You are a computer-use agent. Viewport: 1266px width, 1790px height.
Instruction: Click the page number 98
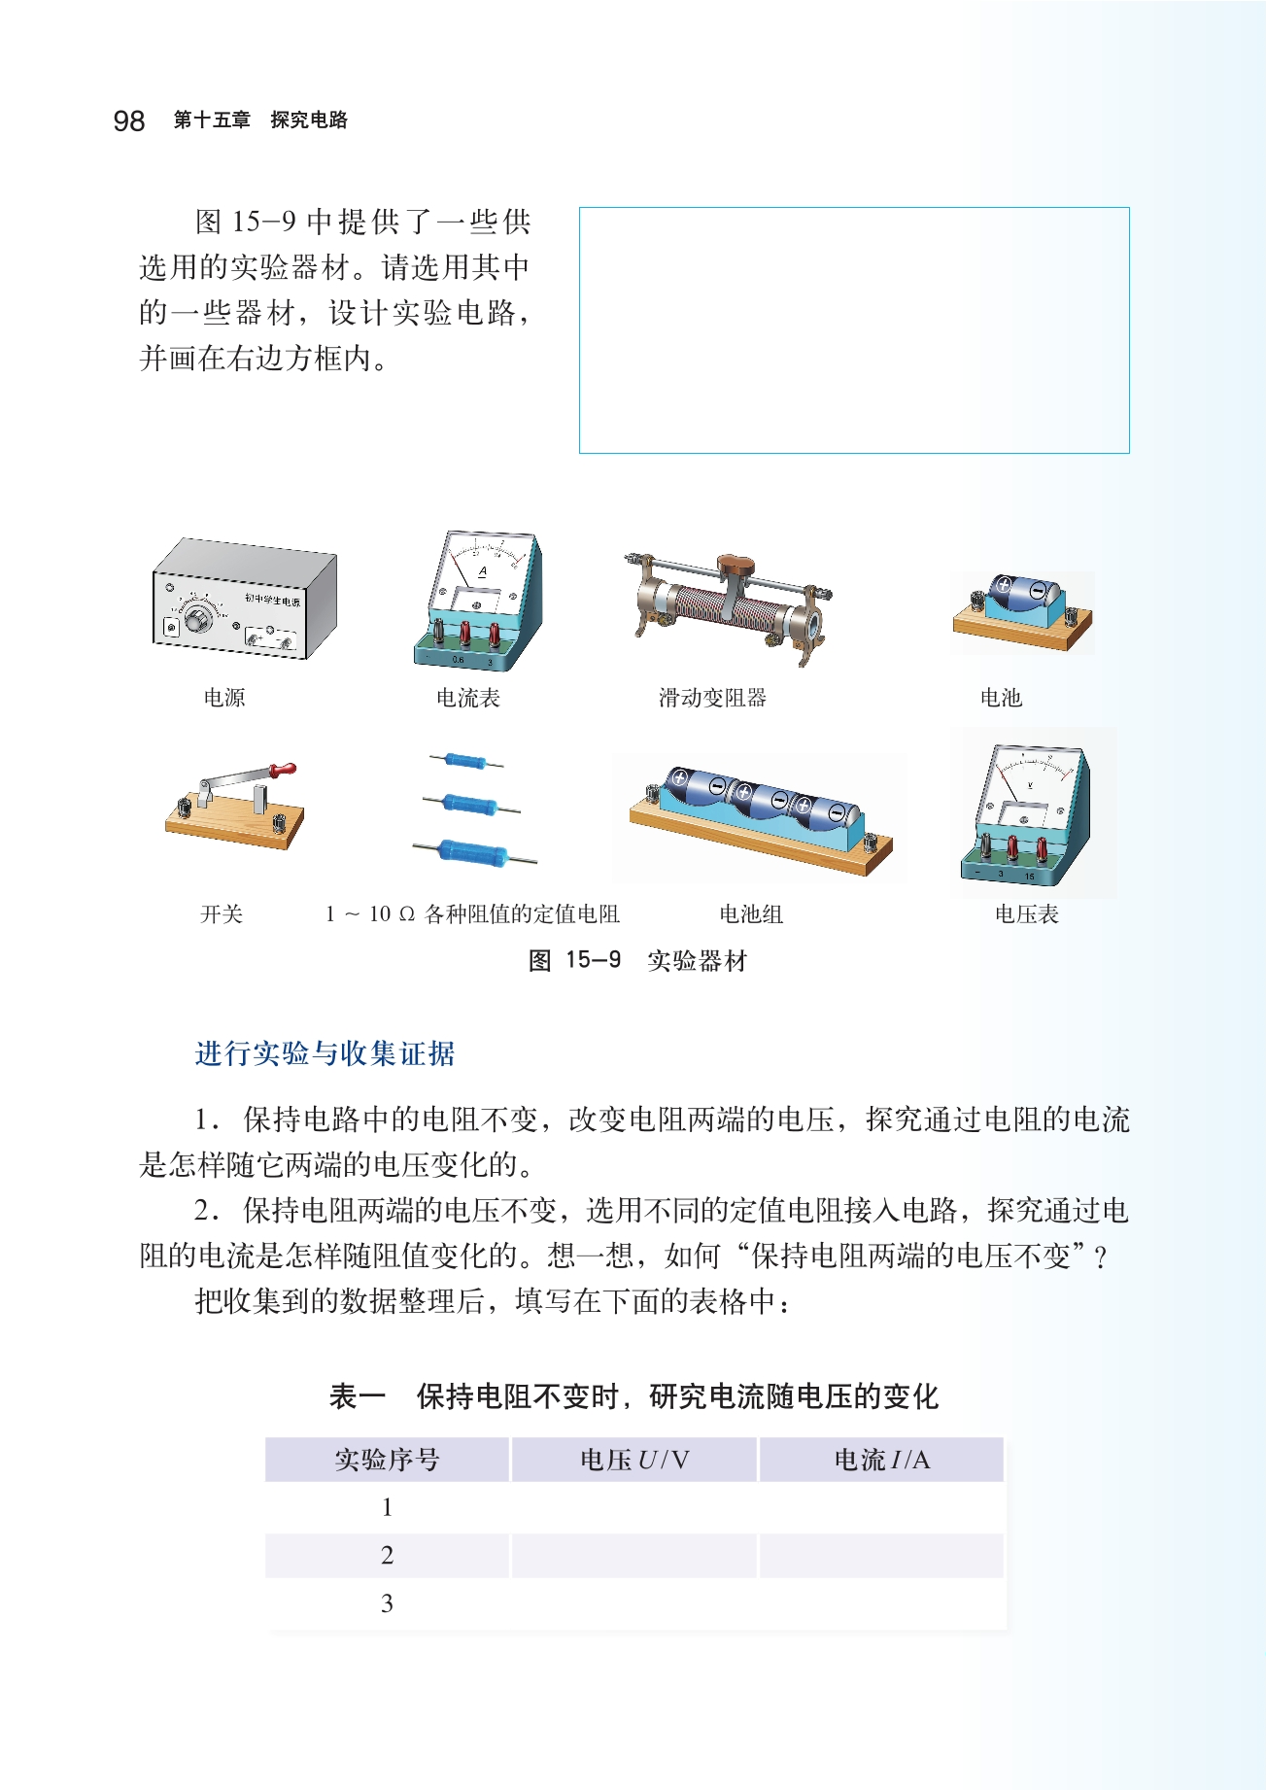pyautogui.click(x=128, y=120)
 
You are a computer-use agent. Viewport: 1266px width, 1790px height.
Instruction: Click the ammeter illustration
pyautogui.click(x=477, y=600)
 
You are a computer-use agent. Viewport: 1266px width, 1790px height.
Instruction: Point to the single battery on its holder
pyautogui.click(x=1022, y=610)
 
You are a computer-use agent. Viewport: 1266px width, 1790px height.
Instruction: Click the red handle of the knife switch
pyautogui.click(x=283, y=770)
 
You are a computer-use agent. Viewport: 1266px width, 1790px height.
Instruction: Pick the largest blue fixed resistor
pyautogui.click(x=474, y=852)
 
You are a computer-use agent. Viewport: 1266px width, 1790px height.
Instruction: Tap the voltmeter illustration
pyautogui.click(x=1027, y=813)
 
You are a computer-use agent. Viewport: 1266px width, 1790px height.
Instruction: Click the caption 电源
pyautogui.click(x=224, y=697)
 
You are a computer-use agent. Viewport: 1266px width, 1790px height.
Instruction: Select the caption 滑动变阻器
pyautogui.click(x=712, y=697)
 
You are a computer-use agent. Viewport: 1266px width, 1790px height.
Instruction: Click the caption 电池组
pyautogui.click(x=751, y=913)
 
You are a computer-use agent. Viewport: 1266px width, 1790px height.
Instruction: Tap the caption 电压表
pyautogui.click(x=1027, y=913)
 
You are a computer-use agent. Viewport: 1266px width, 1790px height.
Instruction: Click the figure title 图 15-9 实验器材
pyautogui.click(x=637, y=960)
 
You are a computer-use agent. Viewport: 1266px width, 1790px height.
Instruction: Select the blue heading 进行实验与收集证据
pyautogui.click(x=325, y=1053)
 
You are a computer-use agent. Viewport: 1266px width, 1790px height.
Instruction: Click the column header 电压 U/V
pyautogui.click(x=633, y=1460)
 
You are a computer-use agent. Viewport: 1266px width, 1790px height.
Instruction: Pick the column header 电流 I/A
pyautogui.click(x=881, y=1460)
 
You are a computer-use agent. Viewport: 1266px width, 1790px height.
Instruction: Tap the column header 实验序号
pyautogui.click(x=387, y=1460)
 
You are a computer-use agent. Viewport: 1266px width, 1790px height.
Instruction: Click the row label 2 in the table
pyautogui.click(x=387, y=1555)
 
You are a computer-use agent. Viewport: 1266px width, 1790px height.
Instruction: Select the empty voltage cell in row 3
pyautogui.click(x=633, y=1603)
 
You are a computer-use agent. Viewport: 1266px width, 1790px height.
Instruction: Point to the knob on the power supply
pyautogui.click(x=198, y=617)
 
